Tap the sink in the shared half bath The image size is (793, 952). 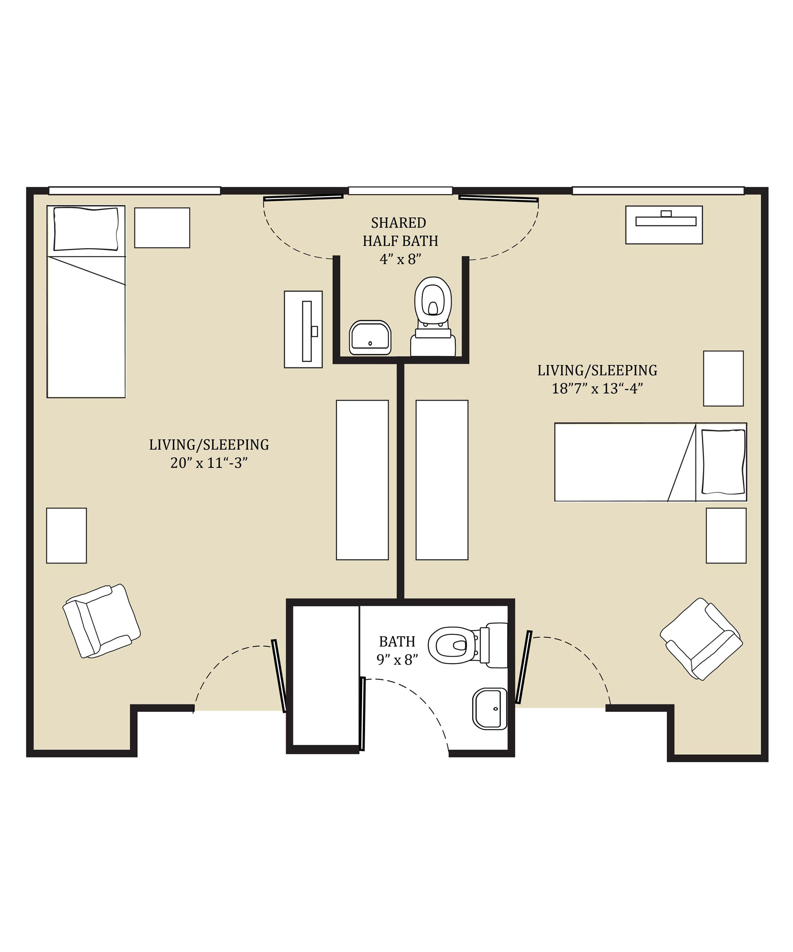point(370,338)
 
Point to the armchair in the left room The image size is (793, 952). point(102,621)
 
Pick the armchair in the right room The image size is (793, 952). point(701,639)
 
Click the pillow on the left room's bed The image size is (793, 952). point(86,229)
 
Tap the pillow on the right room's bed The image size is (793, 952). point(723,461)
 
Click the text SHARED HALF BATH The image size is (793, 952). point(400,232)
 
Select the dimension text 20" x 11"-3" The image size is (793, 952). point(209,463)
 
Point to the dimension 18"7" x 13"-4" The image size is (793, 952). point(597,388)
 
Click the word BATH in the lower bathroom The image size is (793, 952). point(397,641)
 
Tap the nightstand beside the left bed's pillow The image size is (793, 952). point(162,228)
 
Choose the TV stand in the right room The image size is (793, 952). point(664,225)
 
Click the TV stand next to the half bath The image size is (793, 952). point(303,329)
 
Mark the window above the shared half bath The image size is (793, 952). point(400,191)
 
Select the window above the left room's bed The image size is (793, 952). point(134,191)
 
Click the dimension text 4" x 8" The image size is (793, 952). point(400,259)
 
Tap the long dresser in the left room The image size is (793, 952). point(362,480)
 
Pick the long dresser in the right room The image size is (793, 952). point(442,480)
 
